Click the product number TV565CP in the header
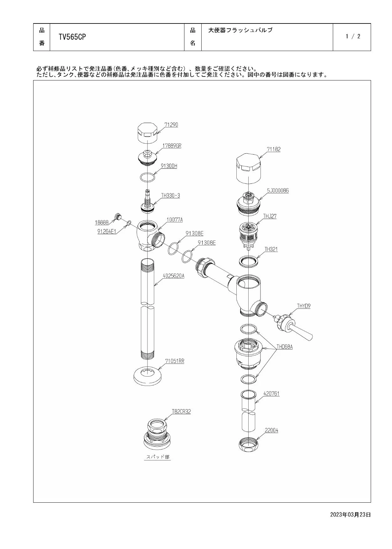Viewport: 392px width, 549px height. (x=72, y=37)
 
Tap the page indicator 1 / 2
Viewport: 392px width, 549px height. (x=353, y=36)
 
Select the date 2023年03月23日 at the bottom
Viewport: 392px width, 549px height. (x=350, y=514)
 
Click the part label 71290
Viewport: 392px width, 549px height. (x=171, y=125)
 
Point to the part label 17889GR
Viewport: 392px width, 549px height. (x=172, y=146)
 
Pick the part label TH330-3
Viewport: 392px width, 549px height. (x=171, y=195)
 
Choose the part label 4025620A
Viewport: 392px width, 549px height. (x=173, y=276)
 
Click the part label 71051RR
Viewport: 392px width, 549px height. (x=175, y=361)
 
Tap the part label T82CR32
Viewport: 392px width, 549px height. (x=181, y=411)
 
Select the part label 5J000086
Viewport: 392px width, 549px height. (x=278, y=190)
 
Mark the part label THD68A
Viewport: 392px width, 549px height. (x=284, y=347)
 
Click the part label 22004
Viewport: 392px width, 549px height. (x=271, y=430)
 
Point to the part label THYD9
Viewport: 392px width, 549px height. (x=304, y=306)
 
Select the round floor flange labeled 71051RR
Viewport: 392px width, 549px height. (x=147, y=376)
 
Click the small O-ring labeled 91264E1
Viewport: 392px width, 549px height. (x=129, y=223)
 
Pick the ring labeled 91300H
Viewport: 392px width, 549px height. (x=147, y=177)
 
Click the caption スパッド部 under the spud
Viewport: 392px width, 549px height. (x=158, y=457)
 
